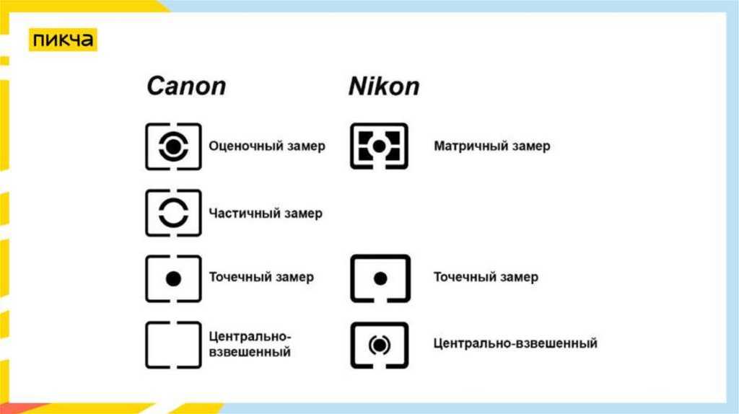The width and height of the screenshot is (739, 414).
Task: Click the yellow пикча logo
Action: click(x=63, y=40)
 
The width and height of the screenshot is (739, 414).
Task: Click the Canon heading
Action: click(x=186, y=87)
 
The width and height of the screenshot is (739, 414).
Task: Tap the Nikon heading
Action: click(x=384, y=87)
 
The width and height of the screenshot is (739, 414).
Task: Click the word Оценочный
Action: click(x=238, y=146)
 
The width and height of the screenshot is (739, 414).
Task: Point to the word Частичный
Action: click(x=237, y=213)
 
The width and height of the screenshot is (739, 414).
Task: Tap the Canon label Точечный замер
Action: click(x=261, y=277)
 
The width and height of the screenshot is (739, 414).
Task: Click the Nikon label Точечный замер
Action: click(x=486, y=277)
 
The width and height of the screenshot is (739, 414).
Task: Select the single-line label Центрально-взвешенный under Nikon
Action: click(x=515, y=343)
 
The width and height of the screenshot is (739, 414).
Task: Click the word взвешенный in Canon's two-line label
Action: click(x=250, y=352)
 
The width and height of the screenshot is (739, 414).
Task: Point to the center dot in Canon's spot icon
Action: click(x=173, y=279)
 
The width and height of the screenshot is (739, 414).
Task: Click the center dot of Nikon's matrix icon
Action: click(x=379, y=146)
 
